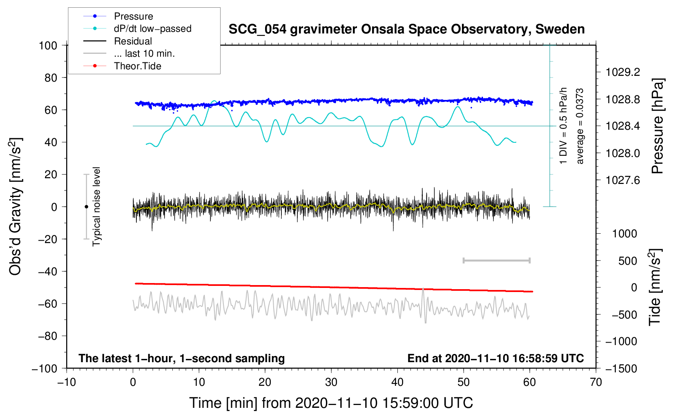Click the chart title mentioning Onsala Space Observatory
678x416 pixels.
pos(406,29)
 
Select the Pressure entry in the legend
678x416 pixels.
pos(134,16)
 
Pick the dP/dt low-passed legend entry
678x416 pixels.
pos(153,29)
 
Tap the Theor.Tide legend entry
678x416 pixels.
pos(137,66)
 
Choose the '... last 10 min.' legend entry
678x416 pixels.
pos(144,53)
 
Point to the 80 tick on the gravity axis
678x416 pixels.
pos(51,78)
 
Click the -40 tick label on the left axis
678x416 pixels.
pos(47,272)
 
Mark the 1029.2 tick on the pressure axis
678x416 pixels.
pos(623,72)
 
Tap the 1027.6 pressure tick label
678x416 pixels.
pos(623,180)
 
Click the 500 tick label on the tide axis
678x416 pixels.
pos(627,261)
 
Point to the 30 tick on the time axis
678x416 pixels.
pos(331,382)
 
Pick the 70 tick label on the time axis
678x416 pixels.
pos(595,382)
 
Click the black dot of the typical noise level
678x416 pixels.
pos(86,207)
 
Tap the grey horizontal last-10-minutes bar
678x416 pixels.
pos(496,260)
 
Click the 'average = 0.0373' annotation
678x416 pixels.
pos(580,126)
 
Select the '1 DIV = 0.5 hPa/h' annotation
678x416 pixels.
pos(563,126)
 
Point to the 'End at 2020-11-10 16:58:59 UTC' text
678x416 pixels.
pos(495,358)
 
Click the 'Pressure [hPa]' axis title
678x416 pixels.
pos(657,126)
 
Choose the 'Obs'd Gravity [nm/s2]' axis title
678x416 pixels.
pos(15,207)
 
